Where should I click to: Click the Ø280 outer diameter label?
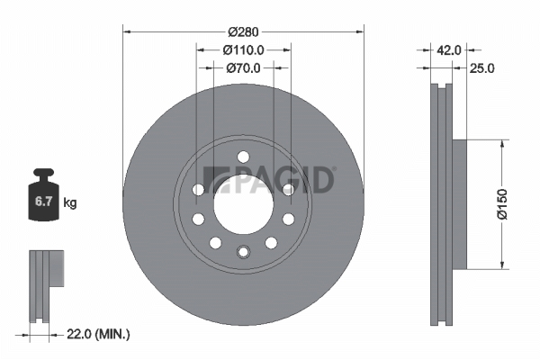click(x=243, y=32)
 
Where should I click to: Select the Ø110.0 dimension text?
click(x=244, y=50)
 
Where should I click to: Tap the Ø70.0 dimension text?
click(x=244, y=68)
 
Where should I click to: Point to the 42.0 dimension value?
click(x=449, y=50)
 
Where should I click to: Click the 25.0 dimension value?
click(x=481, y=68)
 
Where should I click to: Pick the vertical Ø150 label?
click(x=502, y=204)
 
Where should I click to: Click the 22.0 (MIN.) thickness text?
click(x=98, y=334)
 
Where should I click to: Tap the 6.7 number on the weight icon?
click(x=43, y=202)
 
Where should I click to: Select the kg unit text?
click(x=70, y=202)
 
